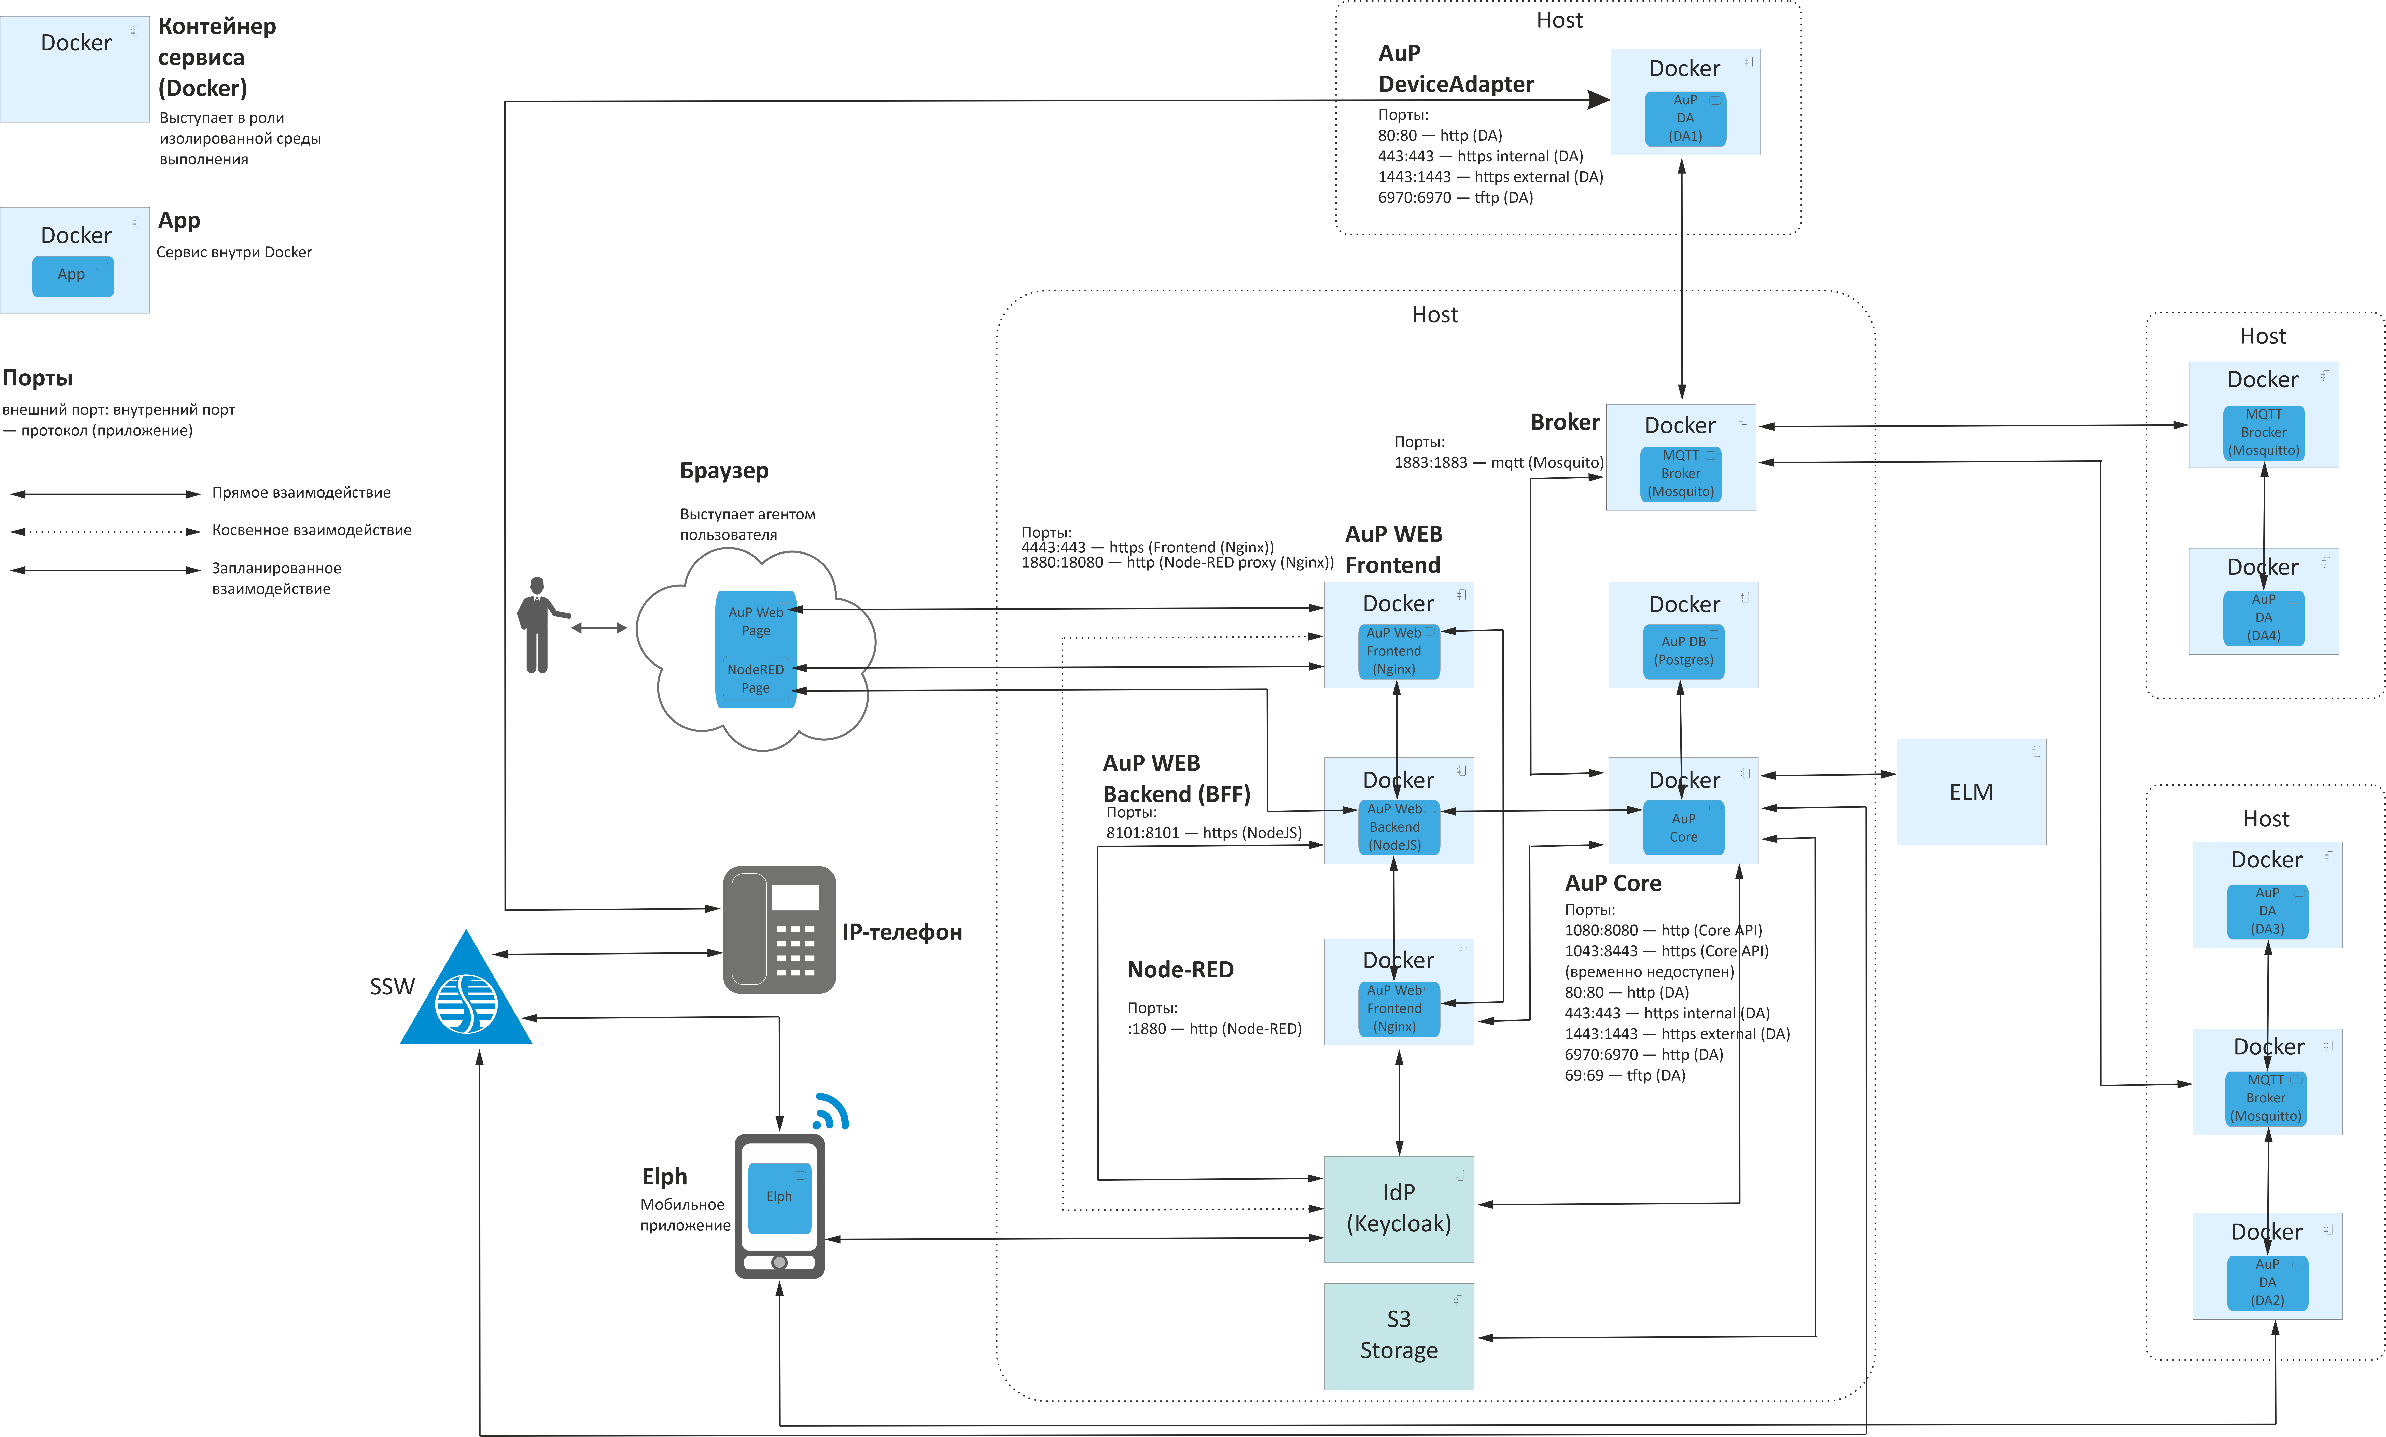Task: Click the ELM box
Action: point(1971,792)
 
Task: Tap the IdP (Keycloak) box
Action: point(1399,1208)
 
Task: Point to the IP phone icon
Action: point(779,930)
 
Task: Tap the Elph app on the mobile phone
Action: point(779,1197)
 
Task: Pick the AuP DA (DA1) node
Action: point(1685,118)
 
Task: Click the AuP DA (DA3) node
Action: point(2267,911)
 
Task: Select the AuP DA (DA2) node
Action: point(2267,1283)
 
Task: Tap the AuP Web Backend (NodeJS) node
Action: point(1395,827)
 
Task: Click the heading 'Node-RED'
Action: point(1180,969)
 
